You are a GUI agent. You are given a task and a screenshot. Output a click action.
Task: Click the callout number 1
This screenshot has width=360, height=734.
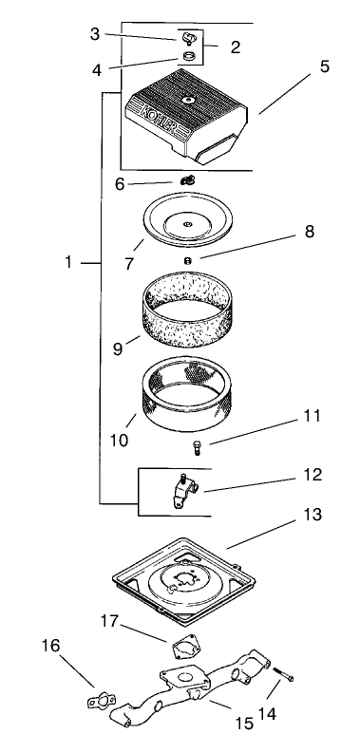click(69, 261)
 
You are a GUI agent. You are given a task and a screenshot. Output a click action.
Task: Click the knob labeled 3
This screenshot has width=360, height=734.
click(186, 39)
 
